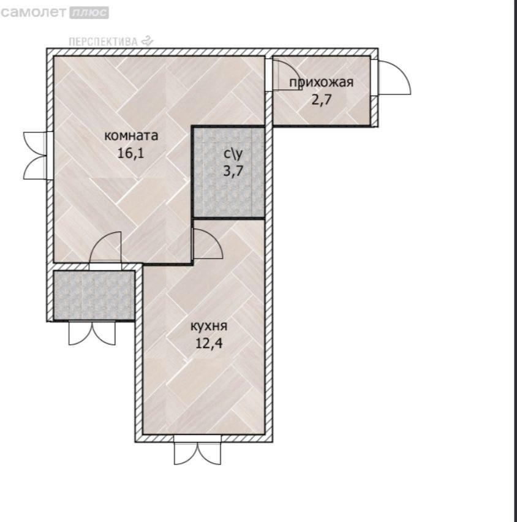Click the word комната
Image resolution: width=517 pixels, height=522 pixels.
pyautogui.click(x=131, y=136)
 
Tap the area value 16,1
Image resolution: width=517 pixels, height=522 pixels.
pyautogui.click(x=131, y=153)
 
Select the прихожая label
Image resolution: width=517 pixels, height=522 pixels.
pyautogui.click(x=321, y=82)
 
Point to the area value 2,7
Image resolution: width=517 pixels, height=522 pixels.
pyautogui.click(x=322, y=99)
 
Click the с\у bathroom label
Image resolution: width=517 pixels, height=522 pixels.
pyautogui.click(x=233, y=154)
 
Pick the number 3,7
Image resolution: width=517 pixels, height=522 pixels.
pyautogui.click(x=233, y=171)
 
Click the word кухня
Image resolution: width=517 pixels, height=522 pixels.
pyautogui.click(x=209, y=326)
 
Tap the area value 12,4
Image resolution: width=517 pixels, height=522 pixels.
pyautogui.click(x=209, y=343)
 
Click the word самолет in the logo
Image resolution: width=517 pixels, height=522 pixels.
pyautogui.click(x=34, y=13)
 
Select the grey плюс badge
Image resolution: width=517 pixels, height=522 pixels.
pyautogui.click(x=89, y=13)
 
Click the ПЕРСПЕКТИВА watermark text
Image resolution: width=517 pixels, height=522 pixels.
pyautogui.click(x=103, y=42)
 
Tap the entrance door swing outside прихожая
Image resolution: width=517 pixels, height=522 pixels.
pyautogui.click(x=394, y=78)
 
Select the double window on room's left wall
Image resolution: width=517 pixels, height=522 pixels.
pyautogui.click(x=35, y=156)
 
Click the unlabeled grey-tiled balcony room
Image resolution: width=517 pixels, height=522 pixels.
pyautogui.click(x=94, y=295)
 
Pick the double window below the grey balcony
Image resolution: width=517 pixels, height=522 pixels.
pyautogui.click(x=92, y=333)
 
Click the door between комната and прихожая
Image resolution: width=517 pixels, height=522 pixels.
pyautogui.click(x=287, y=75)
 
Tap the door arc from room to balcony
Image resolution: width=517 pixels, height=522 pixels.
pyautogui.click(x=105, y=246)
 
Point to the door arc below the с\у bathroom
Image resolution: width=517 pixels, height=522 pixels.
pyautogui.click(x=208, y=243)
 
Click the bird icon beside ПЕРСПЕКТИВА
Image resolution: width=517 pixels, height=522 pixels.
pyautogui.click(x=147, y=41)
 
